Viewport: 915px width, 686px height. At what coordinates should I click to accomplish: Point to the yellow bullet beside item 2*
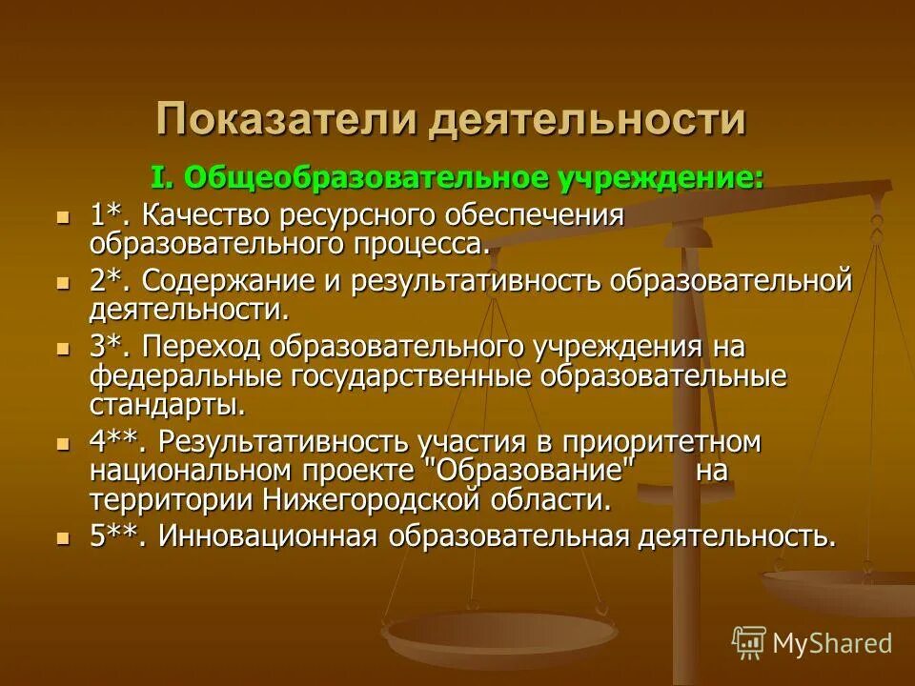[x=63, y=282]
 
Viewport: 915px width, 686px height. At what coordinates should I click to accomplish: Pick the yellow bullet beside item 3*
[x=63, y=349]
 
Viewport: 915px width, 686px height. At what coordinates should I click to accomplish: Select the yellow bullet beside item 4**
[x=63, y=443]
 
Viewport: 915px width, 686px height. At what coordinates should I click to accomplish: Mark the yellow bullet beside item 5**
[x=63, y=536]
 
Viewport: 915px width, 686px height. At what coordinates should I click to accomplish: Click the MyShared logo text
[x=832, y=642]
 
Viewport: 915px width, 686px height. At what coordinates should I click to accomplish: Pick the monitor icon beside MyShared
[x=749, y=642]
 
